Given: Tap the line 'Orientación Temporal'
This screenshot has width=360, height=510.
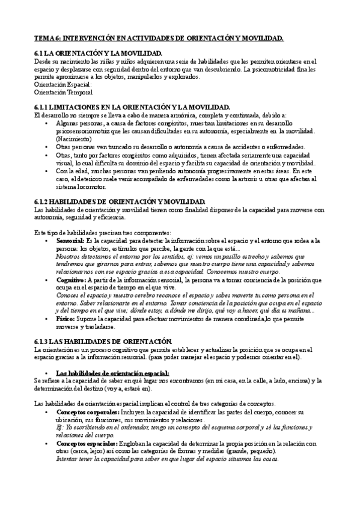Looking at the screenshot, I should pos(63,93).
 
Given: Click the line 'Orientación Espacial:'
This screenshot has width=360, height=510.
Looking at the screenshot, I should pos(63,85).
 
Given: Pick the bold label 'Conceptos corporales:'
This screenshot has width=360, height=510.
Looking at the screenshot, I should pos(87,412).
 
